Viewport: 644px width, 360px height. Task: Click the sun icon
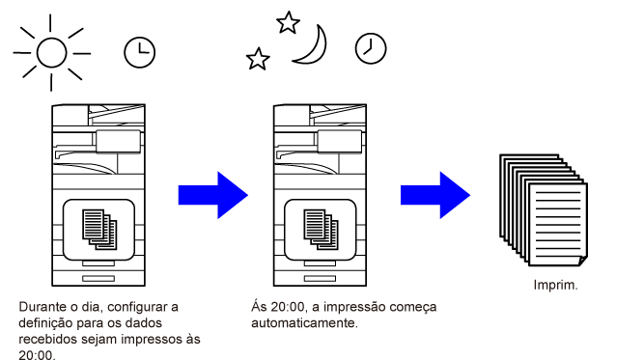(52, 52)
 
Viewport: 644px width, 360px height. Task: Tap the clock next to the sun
(140, 52)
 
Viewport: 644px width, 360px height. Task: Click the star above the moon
(288, 22)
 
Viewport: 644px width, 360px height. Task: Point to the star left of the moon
(258, 59)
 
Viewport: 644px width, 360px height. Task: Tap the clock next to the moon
(371, 48)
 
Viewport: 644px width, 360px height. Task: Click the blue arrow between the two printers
(213, 195)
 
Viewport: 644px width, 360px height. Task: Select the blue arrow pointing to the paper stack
(435, 195)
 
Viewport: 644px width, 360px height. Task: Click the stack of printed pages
(544, 210)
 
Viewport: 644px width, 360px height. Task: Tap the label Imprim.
(555, 285)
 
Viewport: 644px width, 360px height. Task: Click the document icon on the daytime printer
(99, 230)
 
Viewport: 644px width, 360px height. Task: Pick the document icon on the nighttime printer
(321, 230)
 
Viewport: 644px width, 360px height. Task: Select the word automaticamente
(304, 323)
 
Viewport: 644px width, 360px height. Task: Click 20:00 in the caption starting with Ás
(288, 307)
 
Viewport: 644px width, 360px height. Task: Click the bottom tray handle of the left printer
(98, 279)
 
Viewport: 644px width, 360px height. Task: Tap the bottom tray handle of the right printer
(320, 279)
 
